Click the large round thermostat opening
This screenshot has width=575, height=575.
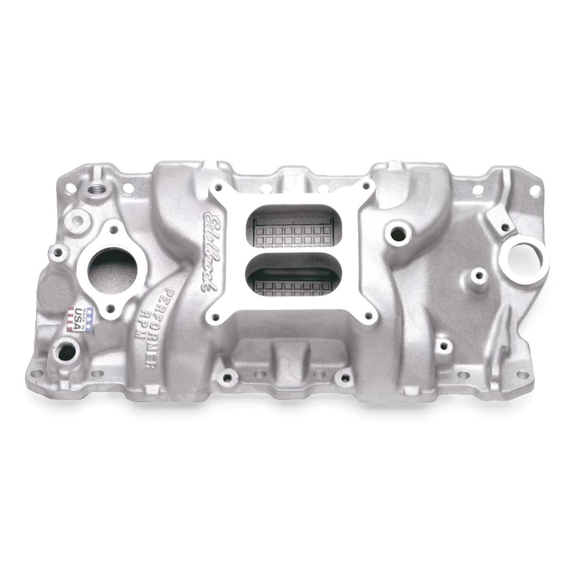click(x=112, y=270)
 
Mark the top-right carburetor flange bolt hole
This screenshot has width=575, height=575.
click(x=366, y=186)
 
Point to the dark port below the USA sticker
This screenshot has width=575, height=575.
click(x=67, y=352)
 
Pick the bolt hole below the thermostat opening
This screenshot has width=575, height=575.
click(x=112, y=308)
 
